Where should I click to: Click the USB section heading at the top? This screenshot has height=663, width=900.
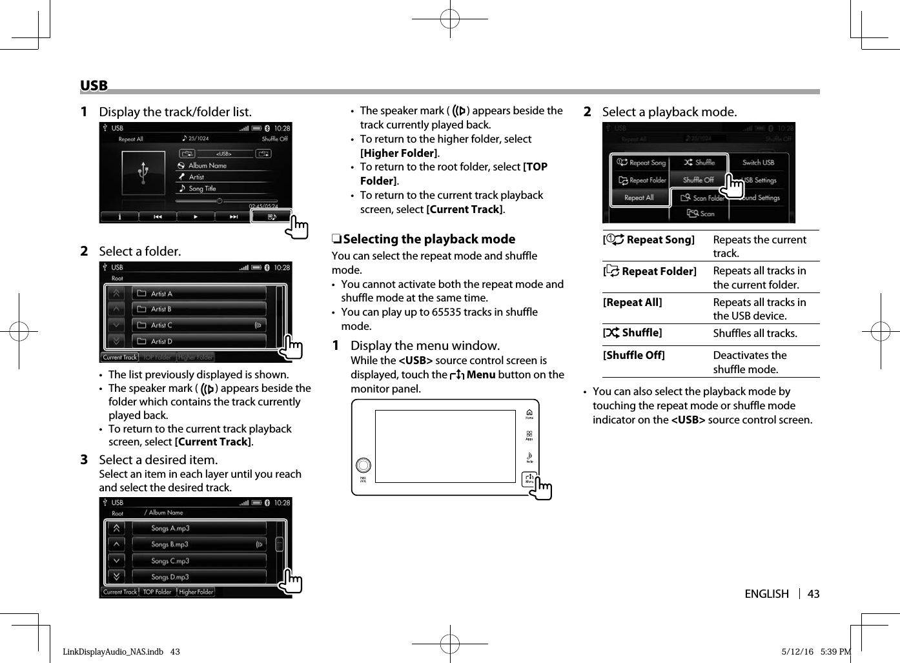point(94,86)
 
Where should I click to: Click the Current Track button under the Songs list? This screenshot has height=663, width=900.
point(120,592)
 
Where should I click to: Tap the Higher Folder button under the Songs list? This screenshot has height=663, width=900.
point(196,592)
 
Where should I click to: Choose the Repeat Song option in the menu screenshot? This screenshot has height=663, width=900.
point(641,163)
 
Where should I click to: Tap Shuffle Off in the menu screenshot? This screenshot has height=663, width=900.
point(698,180)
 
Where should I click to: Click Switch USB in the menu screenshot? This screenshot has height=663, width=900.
point(758,163)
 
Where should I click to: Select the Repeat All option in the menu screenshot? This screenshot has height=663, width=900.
point(639,198)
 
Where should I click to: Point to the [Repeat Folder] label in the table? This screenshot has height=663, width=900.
point(651,272)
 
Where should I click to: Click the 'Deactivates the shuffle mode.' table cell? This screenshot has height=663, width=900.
point(750,362)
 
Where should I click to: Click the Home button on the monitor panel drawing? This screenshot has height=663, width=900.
point(529,414)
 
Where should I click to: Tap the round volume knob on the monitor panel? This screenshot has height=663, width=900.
point(363,465)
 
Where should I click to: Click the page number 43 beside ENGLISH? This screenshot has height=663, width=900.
point(813,594)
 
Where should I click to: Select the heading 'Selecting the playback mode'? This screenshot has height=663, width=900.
point(429,240)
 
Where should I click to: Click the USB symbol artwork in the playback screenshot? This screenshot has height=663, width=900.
point(143,173)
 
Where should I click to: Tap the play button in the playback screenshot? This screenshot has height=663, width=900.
point(196,217)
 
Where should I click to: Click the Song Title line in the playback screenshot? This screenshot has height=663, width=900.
point(202,189)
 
